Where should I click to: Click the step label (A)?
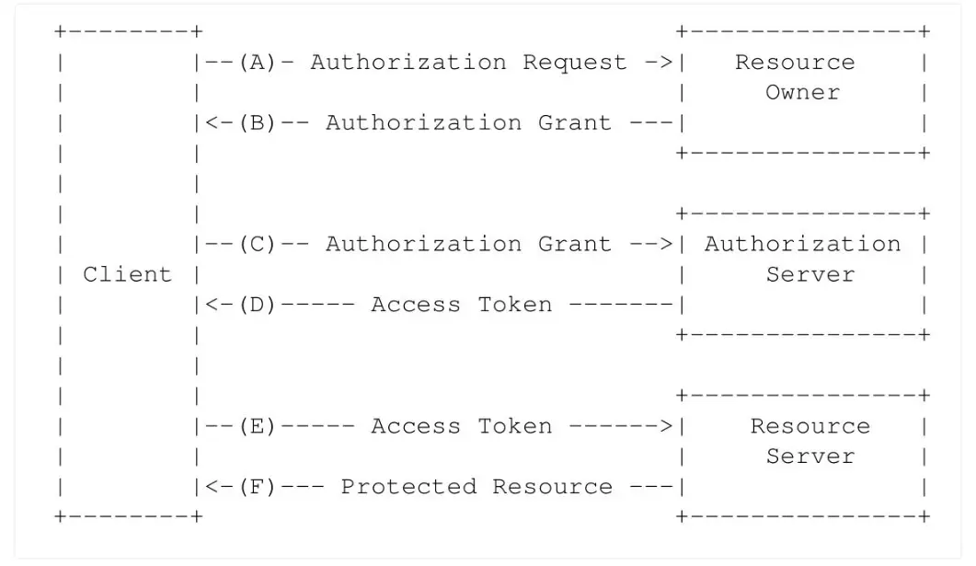click(x=257, y=63)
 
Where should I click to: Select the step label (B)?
click(x=257, y=122)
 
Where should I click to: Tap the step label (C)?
click(x=257, y=244)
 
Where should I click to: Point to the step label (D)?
click(x=257, y=305)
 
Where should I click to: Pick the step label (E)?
click(x=257, y=426)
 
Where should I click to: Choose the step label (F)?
click(x=257, y=486)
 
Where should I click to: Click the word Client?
click(x=127, y=274)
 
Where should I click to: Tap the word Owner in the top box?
click(x=802, y=92)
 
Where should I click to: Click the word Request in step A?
click(x=575, y=63)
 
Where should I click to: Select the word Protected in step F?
click(x=408, y=486)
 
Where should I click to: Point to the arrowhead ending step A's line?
click(x=666, y=63)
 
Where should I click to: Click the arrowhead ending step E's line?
click(x=666, y=426)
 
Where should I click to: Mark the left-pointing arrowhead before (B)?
click(x=211, y=122)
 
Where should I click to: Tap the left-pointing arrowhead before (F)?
click(x=211, y=486)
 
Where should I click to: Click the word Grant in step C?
click(x=575, y=244)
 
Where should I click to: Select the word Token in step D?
click(x=515, y=305)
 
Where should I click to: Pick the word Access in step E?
click(x=416, y=426)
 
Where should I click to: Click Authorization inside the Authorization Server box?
click(x=802, y=244)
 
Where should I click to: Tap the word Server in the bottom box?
click(x=810, y=456)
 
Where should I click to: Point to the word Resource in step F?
click(x=553, y=486)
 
